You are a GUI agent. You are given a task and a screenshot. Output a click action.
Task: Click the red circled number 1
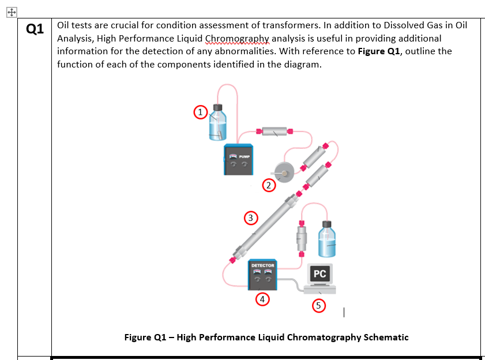[200, 112]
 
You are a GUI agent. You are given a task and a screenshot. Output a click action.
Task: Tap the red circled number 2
[268, 185]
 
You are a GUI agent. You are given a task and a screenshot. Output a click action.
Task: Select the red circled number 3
[250, 217]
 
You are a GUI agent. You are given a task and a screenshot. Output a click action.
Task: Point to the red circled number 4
[262, 299]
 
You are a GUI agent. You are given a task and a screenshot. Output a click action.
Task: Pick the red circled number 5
[318, 305]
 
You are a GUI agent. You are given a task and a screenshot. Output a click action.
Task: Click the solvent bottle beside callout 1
[217, 124]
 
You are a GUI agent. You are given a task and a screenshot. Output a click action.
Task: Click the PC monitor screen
[320, 274]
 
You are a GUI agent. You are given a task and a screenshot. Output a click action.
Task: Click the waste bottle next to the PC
[327, 238]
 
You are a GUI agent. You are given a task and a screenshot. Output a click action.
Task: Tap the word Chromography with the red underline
[238, 39]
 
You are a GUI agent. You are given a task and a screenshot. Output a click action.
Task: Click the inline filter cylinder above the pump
[275, 131]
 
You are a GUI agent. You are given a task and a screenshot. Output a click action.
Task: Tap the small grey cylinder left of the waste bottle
[302, 236]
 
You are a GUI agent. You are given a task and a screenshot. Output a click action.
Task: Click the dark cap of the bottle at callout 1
[217, 107]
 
